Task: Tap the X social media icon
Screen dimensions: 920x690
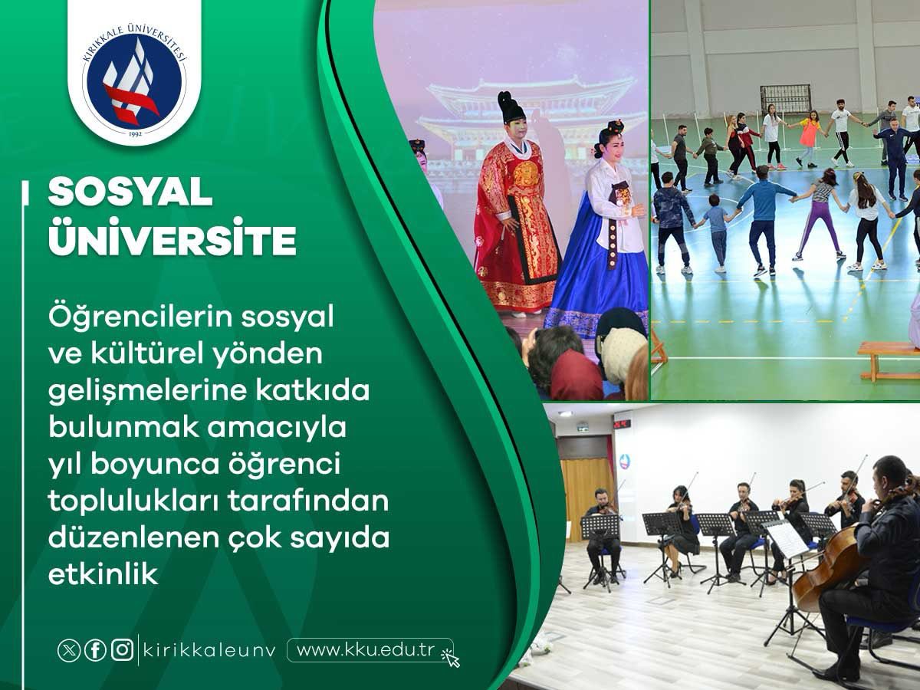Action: point(69,650)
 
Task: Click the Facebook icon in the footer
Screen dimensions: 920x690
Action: point(95,650)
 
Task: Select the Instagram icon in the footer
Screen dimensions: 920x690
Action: point(123,650)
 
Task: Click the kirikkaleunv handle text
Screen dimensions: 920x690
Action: point(209,651)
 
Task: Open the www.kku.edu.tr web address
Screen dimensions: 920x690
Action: point(365,650)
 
